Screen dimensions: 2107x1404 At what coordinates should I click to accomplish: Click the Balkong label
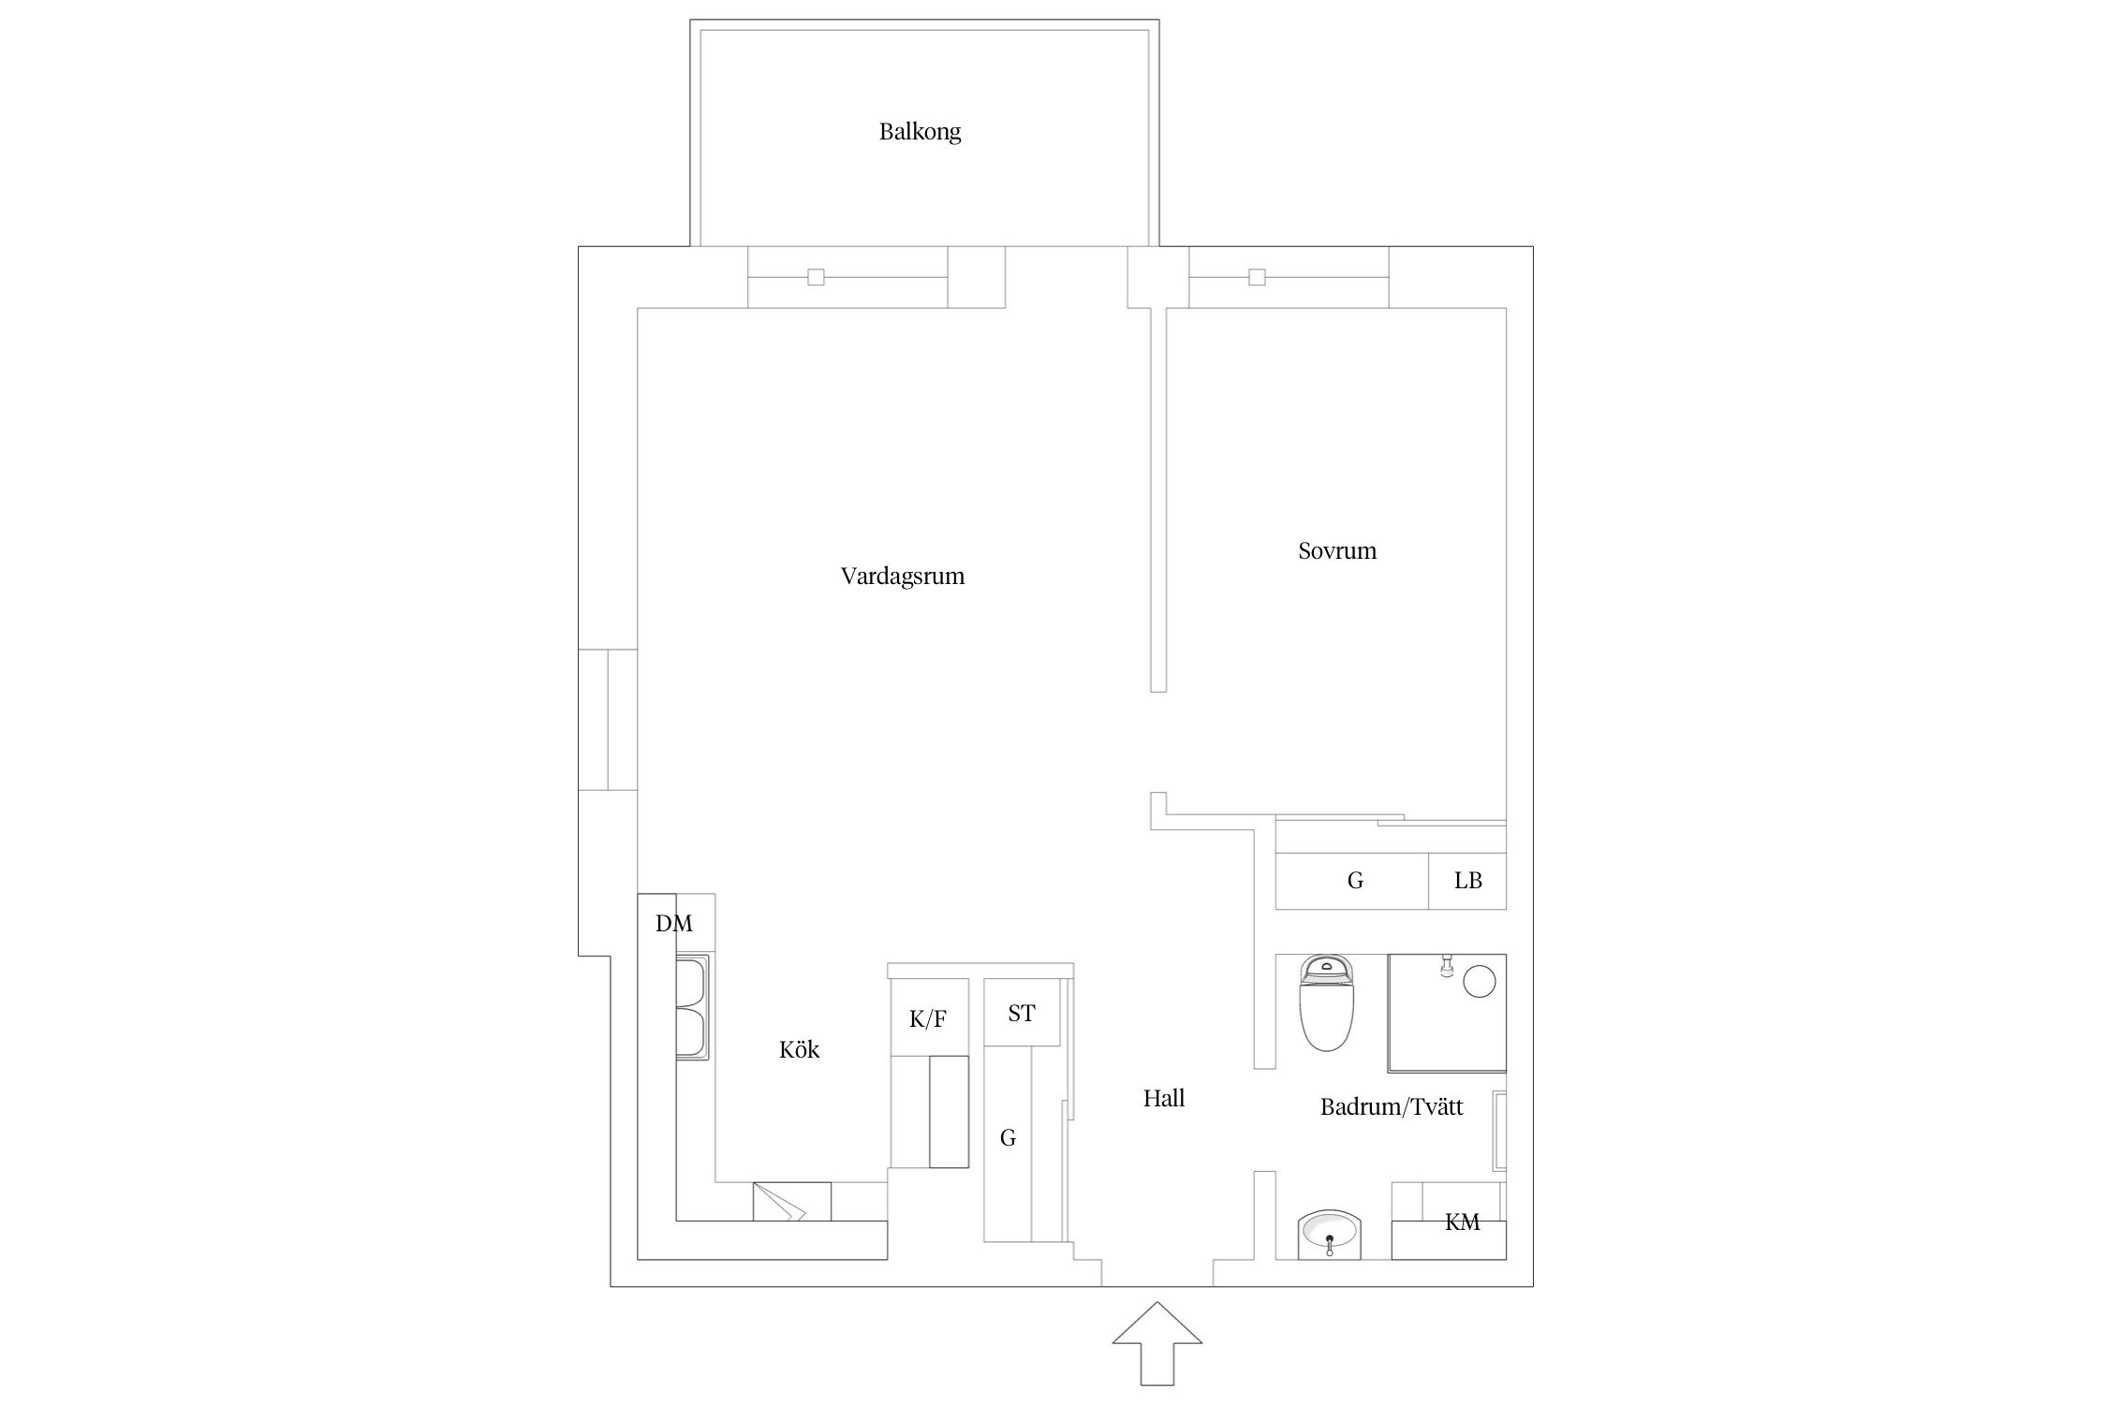coord(920,132)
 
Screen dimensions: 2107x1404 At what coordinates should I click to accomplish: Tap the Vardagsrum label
coord(903,577)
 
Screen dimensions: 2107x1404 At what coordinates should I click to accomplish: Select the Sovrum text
coord(1337,550)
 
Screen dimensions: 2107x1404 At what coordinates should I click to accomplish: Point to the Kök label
coord(799,1049)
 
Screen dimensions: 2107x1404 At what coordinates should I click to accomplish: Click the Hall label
coord(1164,1098)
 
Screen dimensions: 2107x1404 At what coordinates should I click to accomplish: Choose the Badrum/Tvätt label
coord(1392,1107)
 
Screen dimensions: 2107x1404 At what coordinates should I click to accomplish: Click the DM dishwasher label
coord(674,924)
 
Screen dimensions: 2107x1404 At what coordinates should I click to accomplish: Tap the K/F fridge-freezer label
coord(927,1019)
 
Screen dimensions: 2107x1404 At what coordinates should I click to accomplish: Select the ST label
coord(1022,1013)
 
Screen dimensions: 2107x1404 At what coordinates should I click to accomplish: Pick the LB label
coord(1467,881)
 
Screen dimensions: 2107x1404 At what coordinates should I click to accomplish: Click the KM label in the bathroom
coord(1462,1221)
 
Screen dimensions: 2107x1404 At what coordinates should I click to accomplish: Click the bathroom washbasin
coord(1329,1236)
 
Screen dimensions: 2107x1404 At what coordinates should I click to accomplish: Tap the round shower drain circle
coord(1479,982)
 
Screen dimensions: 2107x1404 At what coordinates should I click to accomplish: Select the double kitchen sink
coord(693,1007)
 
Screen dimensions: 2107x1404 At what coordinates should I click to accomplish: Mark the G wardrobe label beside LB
coord(1355,881)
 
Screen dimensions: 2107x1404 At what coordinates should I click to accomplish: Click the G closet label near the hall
coord(1008,1138)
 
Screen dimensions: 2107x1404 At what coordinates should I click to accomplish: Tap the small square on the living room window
coord(816,277)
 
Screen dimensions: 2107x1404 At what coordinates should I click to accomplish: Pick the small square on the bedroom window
coord(1257,277)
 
